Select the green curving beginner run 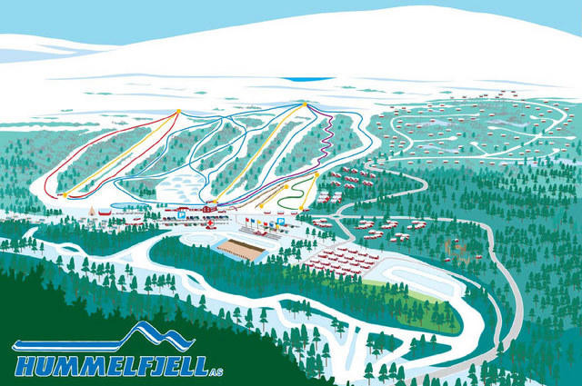pos(289,194)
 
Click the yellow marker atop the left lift pos(178,111)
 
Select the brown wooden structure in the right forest pos(454,246)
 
